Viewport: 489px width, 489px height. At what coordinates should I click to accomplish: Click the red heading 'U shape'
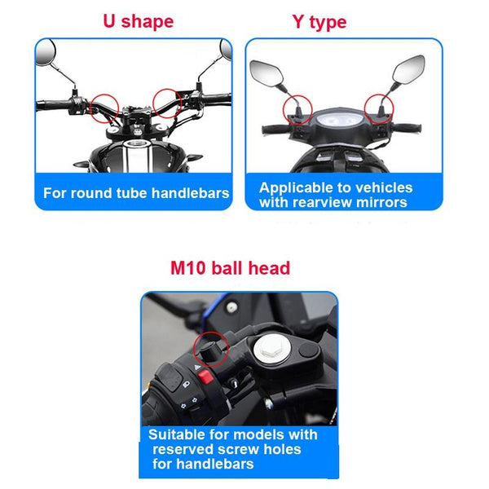[x=139, y=22]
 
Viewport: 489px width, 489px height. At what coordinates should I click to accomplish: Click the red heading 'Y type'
[x=319, y=23]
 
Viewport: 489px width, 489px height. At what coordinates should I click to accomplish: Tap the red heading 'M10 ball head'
[x=230, y=268]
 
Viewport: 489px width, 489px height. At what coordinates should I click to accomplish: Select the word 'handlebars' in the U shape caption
[x=190, y=193]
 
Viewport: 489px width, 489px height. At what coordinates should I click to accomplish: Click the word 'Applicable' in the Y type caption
[x=296, y=188]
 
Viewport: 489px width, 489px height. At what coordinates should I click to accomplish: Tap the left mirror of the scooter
[x=267, y=73]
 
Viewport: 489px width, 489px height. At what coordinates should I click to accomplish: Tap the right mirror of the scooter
[x=408, y=69]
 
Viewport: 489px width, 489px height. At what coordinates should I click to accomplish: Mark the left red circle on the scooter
[x=297, y=109]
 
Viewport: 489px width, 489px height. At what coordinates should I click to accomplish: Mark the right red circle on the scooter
[x=379, y=108]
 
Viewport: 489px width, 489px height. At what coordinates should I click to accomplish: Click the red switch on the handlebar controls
[x=205, y=377]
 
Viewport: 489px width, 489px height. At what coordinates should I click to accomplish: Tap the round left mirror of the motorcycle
[x=46, y=52]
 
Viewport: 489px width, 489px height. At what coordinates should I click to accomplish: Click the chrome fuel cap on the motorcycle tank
[x=137, y=143]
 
